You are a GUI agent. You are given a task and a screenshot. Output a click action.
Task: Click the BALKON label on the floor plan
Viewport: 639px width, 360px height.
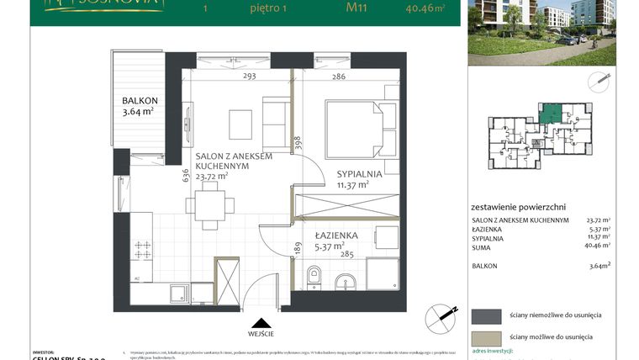point(140,98)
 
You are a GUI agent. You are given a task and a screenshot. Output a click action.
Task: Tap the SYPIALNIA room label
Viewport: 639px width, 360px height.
point(360,174)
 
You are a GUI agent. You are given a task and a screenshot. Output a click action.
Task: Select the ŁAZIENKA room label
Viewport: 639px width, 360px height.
point(337,236)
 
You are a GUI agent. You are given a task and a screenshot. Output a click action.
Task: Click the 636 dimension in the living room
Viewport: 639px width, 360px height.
point(186,175)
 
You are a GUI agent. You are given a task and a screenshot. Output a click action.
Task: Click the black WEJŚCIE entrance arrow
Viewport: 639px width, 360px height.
point(261,321)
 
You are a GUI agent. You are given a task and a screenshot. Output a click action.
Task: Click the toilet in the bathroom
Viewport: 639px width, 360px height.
point(314,275)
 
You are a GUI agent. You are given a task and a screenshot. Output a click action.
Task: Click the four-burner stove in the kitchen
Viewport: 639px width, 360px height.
point(143,250)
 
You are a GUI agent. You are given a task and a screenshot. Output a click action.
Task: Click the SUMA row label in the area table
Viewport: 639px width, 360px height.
point(483,247)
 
